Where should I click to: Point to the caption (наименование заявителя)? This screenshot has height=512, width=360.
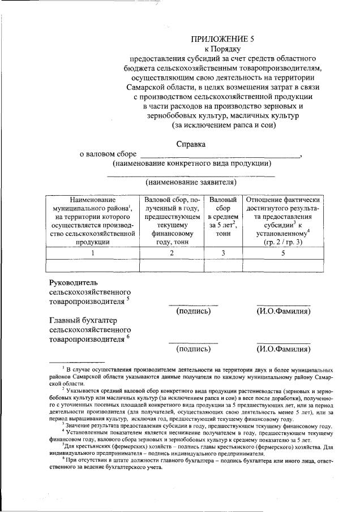(x=191, y=182)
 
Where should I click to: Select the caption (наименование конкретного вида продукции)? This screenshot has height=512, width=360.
(x=191, y=164)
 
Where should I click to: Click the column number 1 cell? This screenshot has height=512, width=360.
(x=92, y=253)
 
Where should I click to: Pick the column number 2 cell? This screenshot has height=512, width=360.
(x=172, y=253)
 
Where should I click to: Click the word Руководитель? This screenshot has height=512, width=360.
(x=74, y=282)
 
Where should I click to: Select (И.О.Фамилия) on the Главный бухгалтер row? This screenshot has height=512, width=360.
(x=283, y=348)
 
